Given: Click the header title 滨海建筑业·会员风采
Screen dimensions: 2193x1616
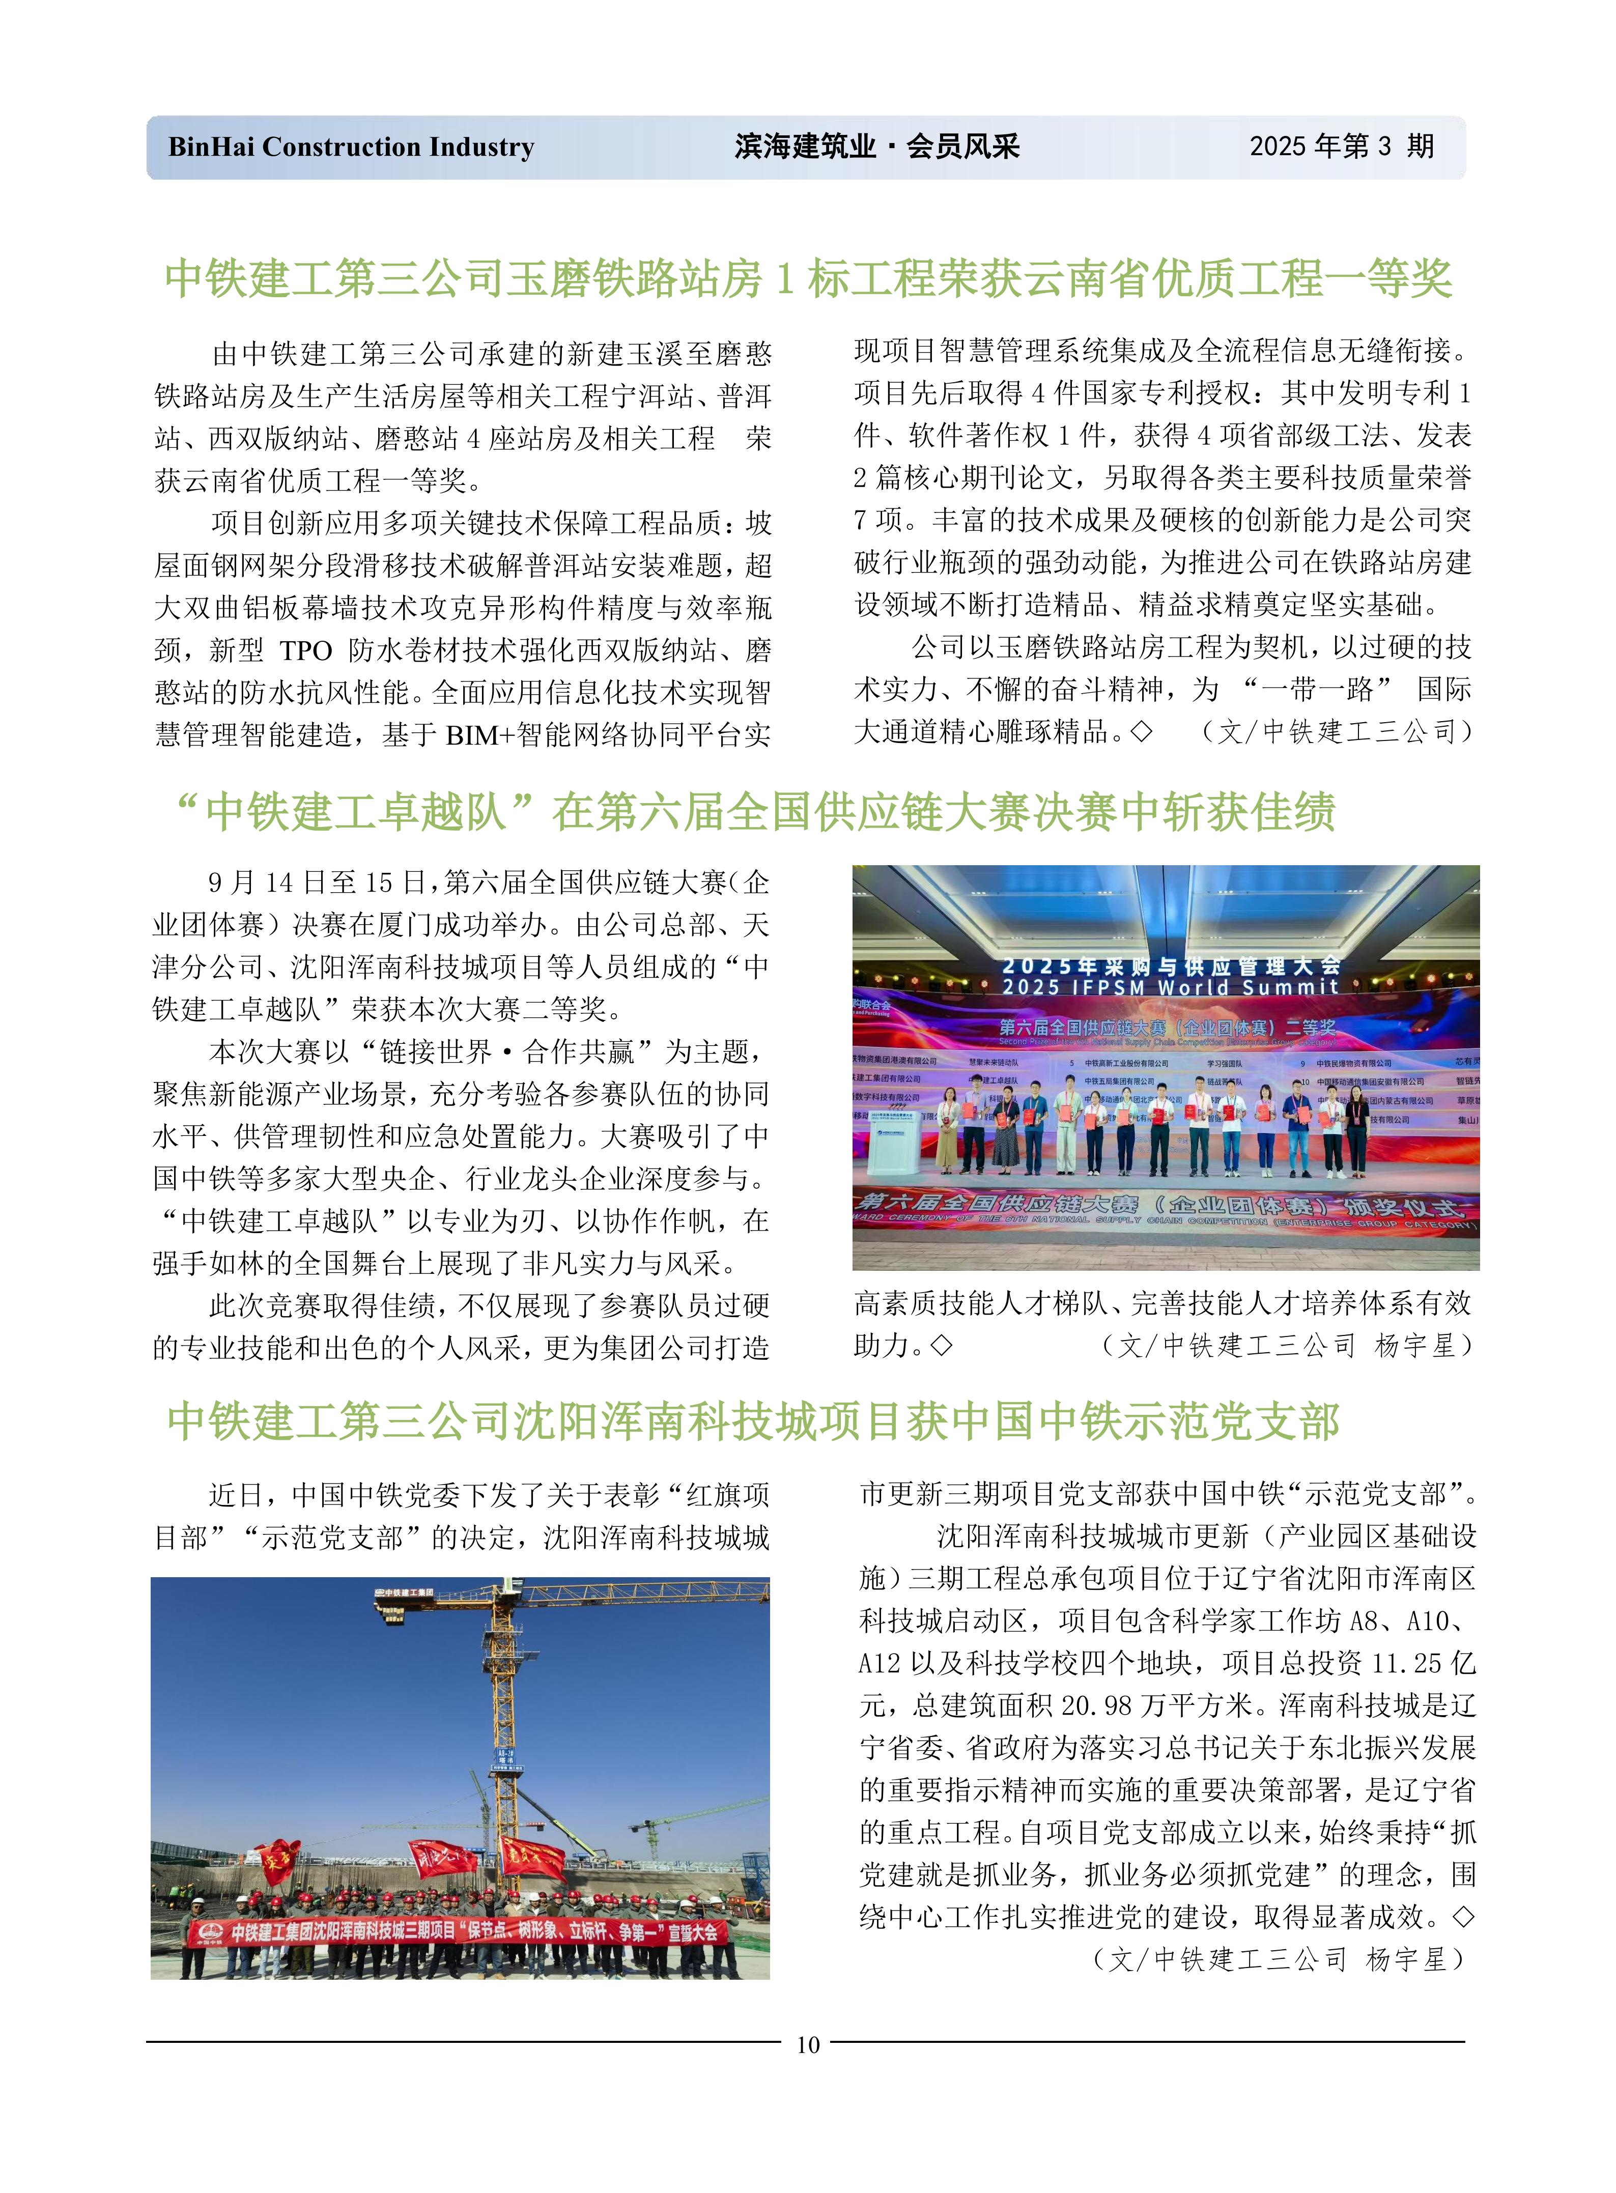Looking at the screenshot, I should point(876,147).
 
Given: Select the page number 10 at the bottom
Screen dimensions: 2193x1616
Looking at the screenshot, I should point(808,2044).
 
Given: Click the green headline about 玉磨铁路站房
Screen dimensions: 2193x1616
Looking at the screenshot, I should point(808,279).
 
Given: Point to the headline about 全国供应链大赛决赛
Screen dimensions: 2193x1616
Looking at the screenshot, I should point(753,812).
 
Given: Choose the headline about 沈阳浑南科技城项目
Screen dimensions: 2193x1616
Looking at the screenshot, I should point(753,1421).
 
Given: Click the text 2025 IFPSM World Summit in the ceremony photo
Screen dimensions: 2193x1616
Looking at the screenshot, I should point(1169,988).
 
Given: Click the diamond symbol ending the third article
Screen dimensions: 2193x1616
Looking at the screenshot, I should point(1462,1916).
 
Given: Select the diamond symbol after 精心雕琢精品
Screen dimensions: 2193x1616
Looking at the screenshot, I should point(1141,732).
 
